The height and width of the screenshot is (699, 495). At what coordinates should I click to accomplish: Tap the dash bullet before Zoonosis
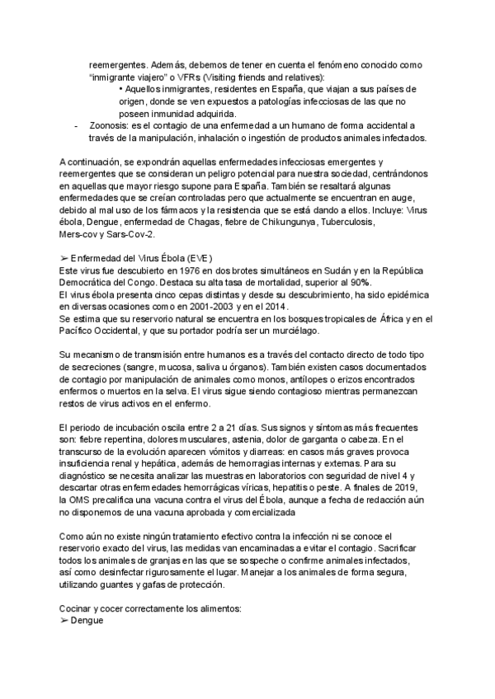click(x=77, y=125)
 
